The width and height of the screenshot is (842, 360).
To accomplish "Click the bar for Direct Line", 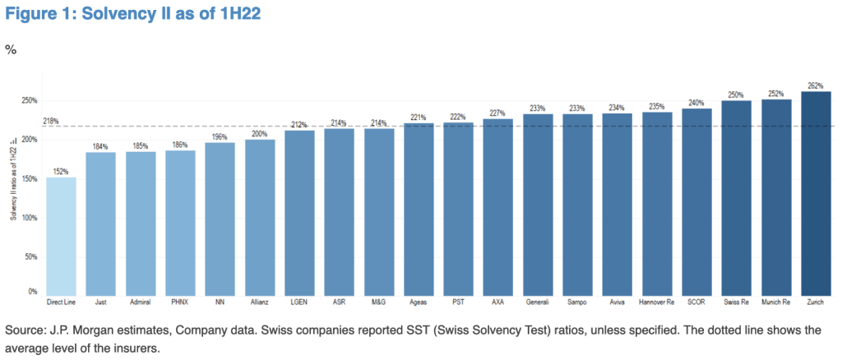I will tap(61, 236).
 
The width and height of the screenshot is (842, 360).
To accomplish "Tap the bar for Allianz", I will tap(260, 217).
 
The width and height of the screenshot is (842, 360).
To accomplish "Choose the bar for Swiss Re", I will tap(736, 198).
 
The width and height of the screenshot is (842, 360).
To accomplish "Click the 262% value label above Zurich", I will tap(815, 85).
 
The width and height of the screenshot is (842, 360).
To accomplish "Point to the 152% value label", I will tap(61, 172).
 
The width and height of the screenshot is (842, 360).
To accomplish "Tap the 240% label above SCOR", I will tap(696, 104).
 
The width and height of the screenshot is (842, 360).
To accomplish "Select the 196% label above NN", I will tap(220, 137).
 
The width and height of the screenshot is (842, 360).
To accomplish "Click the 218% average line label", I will tap(27, 122).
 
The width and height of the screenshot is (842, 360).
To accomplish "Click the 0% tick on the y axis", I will tap(33, 292).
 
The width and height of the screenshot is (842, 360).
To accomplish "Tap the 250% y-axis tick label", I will tap(30, 101).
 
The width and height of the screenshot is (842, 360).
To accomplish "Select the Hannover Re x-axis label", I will tap(656, 302).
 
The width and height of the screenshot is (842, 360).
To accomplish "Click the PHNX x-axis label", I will tap(180, 302).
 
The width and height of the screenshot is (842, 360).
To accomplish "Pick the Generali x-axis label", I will tap(537, 302).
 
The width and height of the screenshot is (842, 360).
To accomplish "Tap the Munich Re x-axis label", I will tap(775, 302).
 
